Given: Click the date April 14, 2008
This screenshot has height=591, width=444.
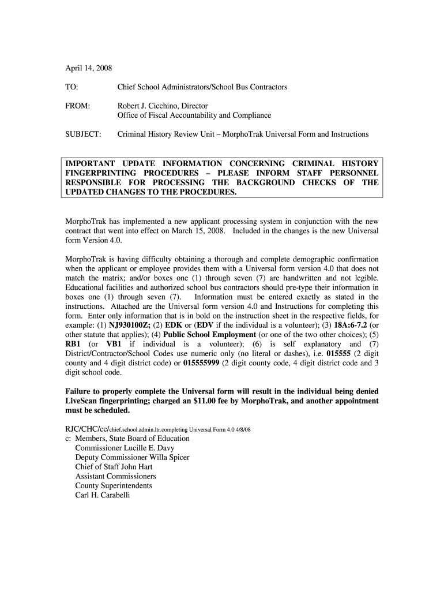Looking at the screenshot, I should click(x=88, y=68).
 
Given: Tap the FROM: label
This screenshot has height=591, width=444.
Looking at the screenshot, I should click(x=77, y=106).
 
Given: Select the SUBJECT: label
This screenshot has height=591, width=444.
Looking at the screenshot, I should click(x=83, y=134).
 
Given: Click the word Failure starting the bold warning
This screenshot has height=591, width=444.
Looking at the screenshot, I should click(x=81, y=391).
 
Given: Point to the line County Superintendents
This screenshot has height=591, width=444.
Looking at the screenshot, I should click(x=114, y=485).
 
